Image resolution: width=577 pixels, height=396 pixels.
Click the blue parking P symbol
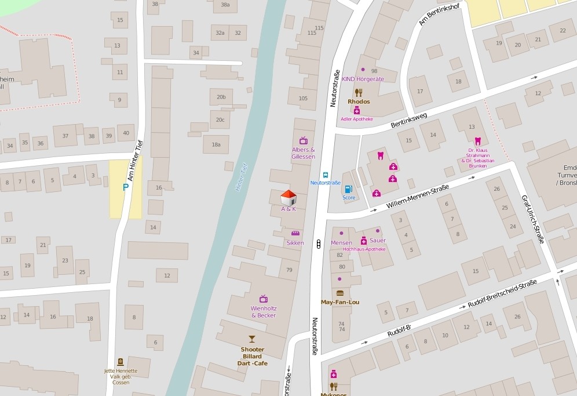[x=126, y=187]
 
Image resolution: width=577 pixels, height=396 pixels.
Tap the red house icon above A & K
[x=288, y=197]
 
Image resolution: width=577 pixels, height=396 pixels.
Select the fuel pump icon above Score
[x=348, y=188]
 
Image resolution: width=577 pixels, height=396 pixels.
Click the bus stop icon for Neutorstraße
[x=326, y=175]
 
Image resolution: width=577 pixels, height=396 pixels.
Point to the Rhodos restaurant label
[x=359, y=101]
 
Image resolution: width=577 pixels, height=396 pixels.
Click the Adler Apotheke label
[x=357, y=119]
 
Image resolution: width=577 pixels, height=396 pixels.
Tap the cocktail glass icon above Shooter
[x=252, y=339]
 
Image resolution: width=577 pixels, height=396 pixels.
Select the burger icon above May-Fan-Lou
[x=340, y=293]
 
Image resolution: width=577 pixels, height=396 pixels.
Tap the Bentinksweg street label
[x=408, y=120]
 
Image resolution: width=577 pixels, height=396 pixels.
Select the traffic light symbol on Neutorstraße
[x=318, y=244]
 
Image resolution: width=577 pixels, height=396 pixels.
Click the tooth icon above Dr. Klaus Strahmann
[x=478, y=141]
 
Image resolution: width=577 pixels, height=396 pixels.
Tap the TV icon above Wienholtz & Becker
[x=264, y=299]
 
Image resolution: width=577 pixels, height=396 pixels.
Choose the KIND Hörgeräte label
[x=363, y=79]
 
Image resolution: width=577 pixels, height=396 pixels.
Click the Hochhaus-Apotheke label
[x=364, y=249]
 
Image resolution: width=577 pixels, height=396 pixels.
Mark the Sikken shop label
[x=295, y=243]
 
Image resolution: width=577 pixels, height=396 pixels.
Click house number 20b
[x=221, y=97]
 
